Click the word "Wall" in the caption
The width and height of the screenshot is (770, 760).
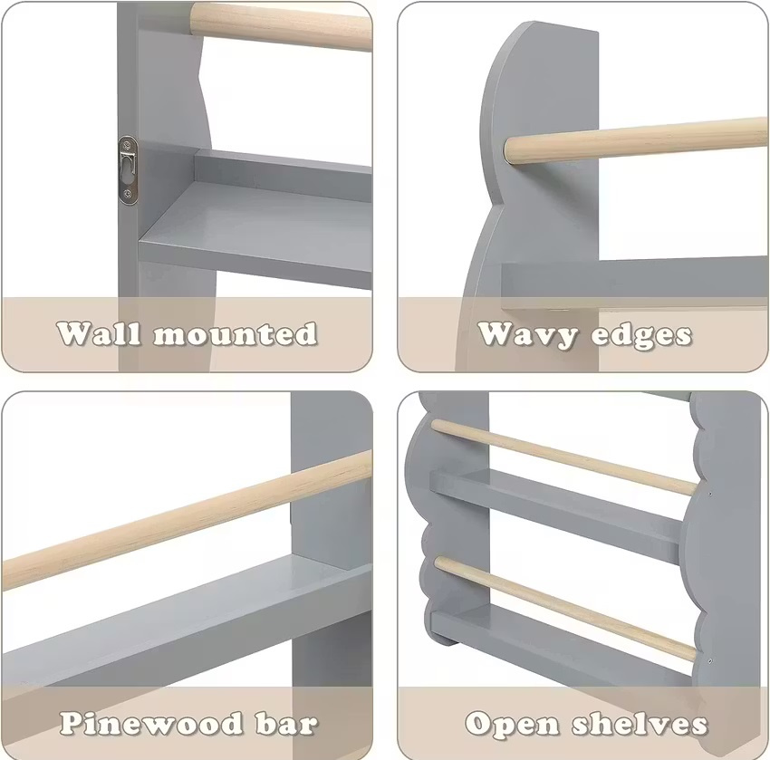100,334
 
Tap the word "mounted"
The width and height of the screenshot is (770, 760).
235,334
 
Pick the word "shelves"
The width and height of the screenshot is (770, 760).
639,724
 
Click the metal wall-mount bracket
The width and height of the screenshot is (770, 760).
128,170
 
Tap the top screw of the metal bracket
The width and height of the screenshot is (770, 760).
128,145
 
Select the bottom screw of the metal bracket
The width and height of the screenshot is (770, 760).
128,194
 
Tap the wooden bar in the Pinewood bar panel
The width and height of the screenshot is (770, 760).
187,521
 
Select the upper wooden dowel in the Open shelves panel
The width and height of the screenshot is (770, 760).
564,457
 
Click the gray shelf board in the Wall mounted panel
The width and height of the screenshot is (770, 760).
255,231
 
